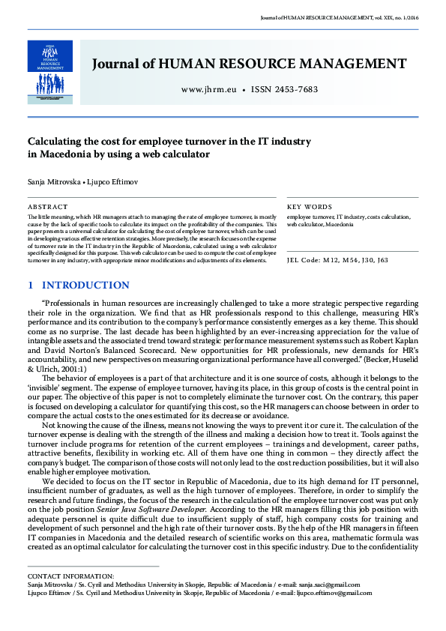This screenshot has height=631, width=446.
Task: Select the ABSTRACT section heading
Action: (47, 206)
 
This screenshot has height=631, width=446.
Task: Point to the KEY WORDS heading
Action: (310, 206)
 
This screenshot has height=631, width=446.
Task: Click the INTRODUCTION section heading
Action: (85, 286)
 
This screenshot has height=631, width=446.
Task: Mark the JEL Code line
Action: (337, 260)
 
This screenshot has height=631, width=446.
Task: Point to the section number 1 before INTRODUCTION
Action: (30, 286)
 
